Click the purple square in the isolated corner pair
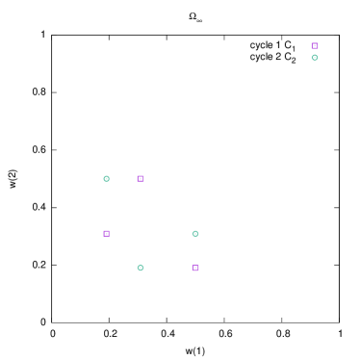314,45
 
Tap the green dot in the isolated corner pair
314,57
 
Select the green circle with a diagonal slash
106,178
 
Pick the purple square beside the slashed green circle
141,178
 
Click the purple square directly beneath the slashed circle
106,233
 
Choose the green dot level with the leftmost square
195,233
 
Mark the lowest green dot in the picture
141,268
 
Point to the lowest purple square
195,268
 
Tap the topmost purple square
314,45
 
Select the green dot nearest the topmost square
314,57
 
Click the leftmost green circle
106,178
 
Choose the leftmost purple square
106,233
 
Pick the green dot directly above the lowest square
195,233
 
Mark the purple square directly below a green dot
195,268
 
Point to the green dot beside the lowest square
141,268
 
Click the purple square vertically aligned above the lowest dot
141,178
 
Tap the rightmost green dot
314,57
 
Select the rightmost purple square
314,45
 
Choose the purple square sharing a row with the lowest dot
195,268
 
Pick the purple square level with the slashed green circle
141,178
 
